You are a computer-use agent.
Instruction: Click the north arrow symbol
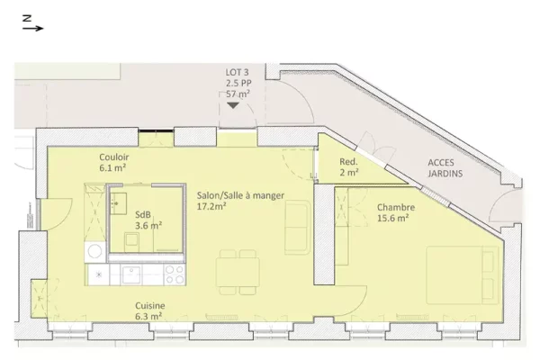[33, 23]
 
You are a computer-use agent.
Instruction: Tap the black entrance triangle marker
[233, 105]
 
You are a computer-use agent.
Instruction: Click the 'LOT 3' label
[237, 72]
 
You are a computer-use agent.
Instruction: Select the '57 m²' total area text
[238, 94]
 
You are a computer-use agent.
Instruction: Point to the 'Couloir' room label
[114, 157]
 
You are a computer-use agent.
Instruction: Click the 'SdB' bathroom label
[143, 214]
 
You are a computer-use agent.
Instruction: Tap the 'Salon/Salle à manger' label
[240, 195]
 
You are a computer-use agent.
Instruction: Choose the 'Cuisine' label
[149, 306]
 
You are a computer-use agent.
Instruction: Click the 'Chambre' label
[396, 207]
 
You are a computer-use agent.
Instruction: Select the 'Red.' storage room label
[348, 161]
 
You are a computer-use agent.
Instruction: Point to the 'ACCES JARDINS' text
[445, 167]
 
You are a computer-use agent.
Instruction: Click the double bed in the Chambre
[463, 274]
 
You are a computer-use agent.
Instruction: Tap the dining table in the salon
[238, 272]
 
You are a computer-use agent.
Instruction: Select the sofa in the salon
[298, 228]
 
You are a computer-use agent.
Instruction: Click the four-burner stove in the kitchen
[175, 274]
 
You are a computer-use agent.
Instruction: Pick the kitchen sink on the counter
[130, 274]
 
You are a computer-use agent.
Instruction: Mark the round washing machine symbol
[94, 252]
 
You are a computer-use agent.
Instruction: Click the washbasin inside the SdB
[118, 203]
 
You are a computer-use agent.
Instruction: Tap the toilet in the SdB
[131, 242]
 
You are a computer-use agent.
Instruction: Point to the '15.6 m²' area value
[393, 218]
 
